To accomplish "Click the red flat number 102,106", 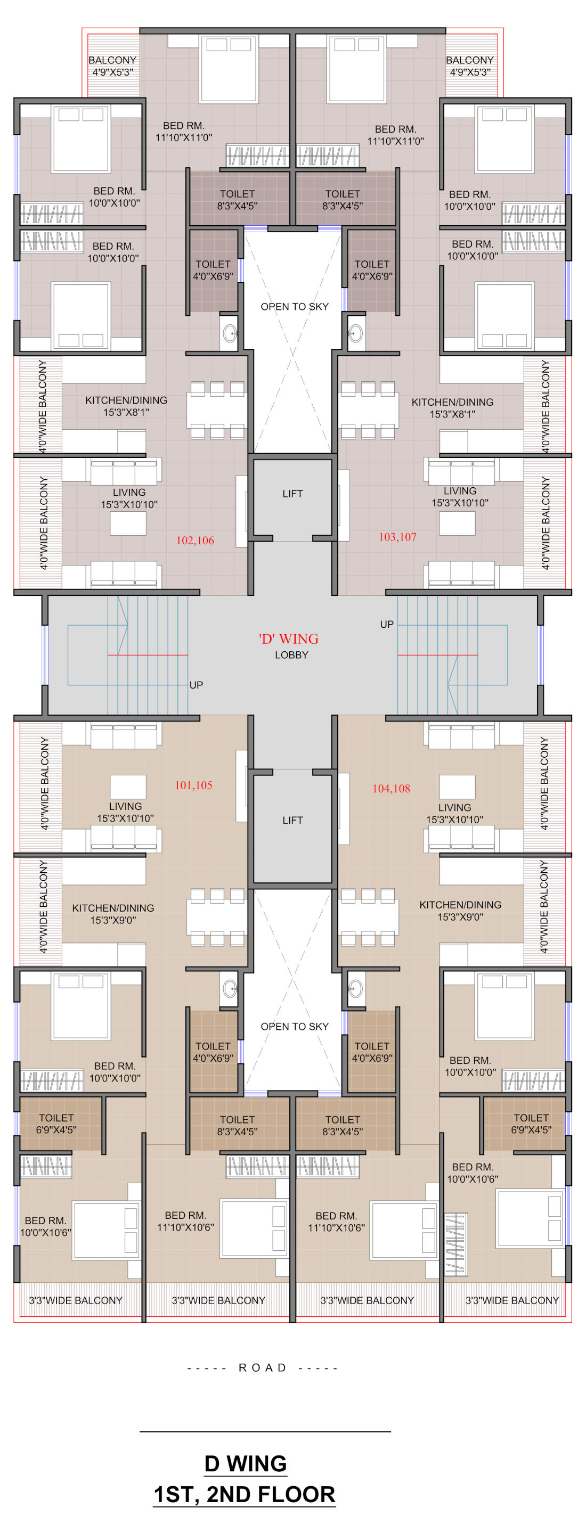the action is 195,540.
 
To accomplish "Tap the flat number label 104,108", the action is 390,788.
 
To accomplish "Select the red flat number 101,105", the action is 193,785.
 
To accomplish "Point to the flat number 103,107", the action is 397,537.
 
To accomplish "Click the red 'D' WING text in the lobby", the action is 288,638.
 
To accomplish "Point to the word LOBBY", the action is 291,655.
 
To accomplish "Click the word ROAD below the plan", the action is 262,1367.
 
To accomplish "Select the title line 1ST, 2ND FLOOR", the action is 244,1494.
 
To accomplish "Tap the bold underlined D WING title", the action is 245,1463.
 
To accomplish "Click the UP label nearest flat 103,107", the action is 387,624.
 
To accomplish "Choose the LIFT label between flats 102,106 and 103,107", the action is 292,494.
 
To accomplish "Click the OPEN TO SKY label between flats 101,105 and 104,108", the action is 294,1026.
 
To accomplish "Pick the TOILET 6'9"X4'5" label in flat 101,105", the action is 56,1124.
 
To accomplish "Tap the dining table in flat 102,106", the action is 217,410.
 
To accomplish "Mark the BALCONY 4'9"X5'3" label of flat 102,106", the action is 112,65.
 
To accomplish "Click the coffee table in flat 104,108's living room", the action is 457,786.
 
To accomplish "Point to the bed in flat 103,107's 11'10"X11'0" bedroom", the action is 353,69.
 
